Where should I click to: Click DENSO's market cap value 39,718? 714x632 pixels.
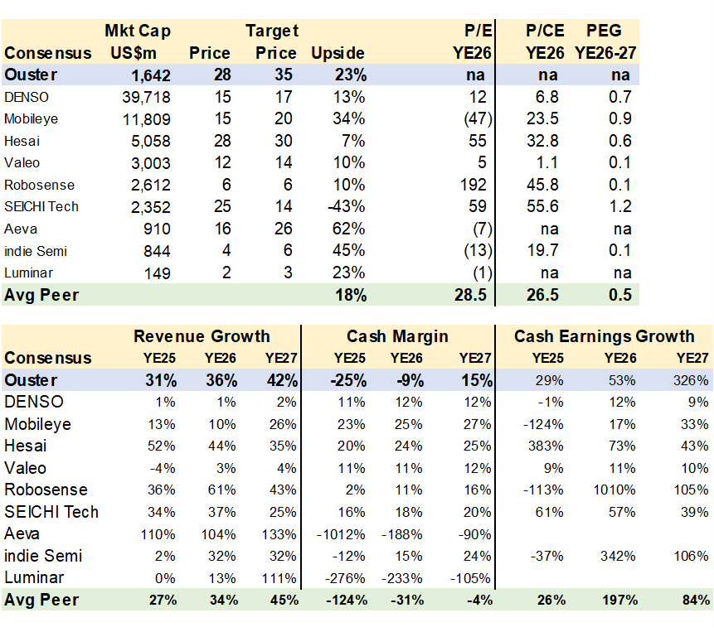coord(146,97)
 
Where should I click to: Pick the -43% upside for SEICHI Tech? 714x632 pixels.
coord(347,206)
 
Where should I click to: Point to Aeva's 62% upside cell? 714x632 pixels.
coord(348,228)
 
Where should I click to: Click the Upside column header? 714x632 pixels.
coord(338,53)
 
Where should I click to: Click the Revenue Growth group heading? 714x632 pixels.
coord(202,336)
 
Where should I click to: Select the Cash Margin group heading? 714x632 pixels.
coord(397,336)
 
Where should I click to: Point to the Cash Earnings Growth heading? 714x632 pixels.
coord(604,336)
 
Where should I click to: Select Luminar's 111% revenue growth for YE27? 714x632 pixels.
coord(279,578)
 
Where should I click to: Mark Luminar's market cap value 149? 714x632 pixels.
coord(157,273)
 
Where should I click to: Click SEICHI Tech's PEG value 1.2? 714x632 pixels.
coord(618,206)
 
